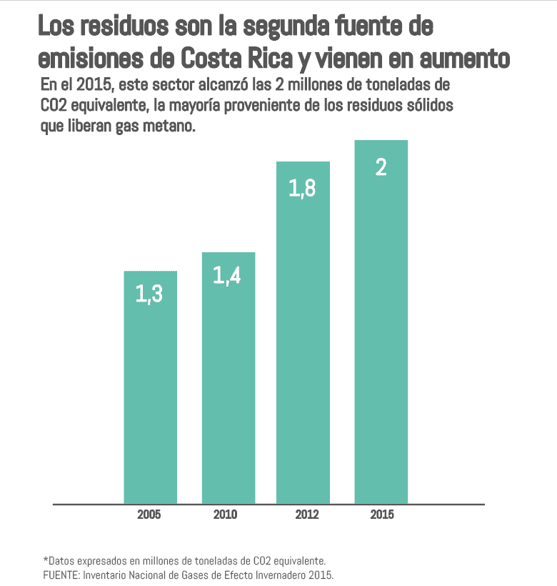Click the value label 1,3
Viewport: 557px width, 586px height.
click(150, 294)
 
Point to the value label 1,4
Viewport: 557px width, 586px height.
click(228, 276)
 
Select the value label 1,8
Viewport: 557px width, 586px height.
click(303, 188)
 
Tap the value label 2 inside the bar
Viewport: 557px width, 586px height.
click(381, 167)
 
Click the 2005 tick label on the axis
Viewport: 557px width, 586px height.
click(150, 515)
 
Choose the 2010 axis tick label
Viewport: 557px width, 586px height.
click(226, 515)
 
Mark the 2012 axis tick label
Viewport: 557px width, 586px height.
click(306, 515)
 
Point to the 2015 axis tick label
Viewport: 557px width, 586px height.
click(381, 515)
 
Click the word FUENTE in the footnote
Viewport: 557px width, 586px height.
click(63, 575)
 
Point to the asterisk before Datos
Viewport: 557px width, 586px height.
click(45, 560)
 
